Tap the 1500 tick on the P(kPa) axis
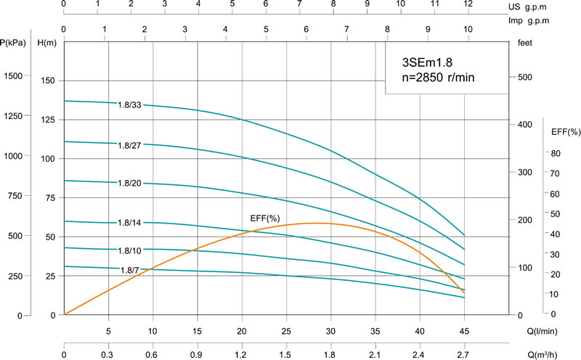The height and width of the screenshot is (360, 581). click(15, 76)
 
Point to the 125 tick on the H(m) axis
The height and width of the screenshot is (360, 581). click(49, 120)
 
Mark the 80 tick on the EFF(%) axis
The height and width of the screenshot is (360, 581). click(556, 153)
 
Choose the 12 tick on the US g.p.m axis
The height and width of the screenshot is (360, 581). click(468, 4)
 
